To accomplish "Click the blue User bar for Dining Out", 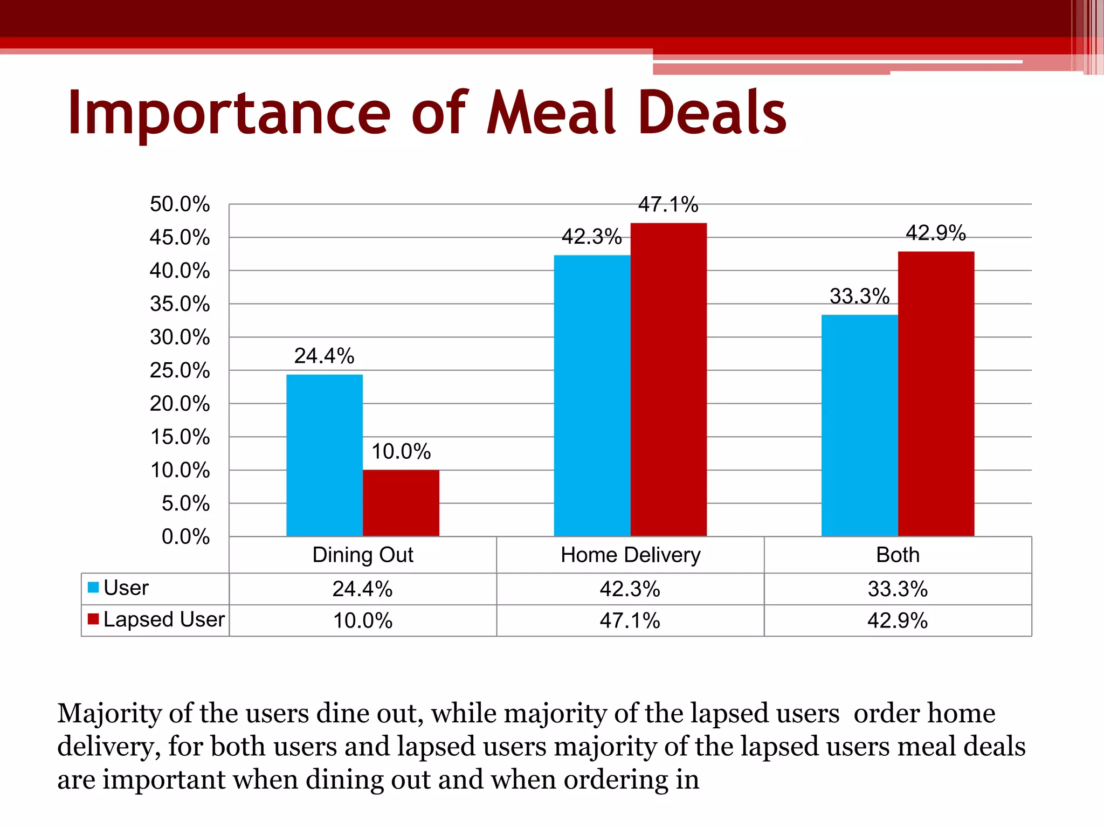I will (324, 455).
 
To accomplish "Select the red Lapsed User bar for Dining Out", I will (401, 502).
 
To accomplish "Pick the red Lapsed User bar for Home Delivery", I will (668, 379).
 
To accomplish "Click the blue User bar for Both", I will (859, 425).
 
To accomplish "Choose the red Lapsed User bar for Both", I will (936, 394).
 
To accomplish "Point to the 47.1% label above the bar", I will (668, 205).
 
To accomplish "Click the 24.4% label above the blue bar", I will (324, 356).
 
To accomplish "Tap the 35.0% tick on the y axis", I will (180, 304).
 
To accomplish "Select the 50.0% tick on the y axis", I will (180, 204).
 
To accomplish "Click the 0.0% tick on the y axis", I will (185, 537).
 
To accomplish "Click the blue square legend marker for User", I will (93, 588).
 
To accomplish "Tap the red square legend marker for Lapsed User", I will (93, 619).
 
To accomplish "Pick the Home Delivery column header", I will (630, 555).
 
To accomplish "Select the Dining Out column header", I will (363, 555).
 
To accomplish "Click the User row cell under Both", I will (898, 589).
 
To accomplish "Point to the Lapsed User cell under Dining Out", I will (363, 620).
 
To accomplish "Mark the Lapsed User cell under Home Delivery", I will (630, 620).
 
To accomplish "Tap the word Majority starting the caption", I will (109, 714).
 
